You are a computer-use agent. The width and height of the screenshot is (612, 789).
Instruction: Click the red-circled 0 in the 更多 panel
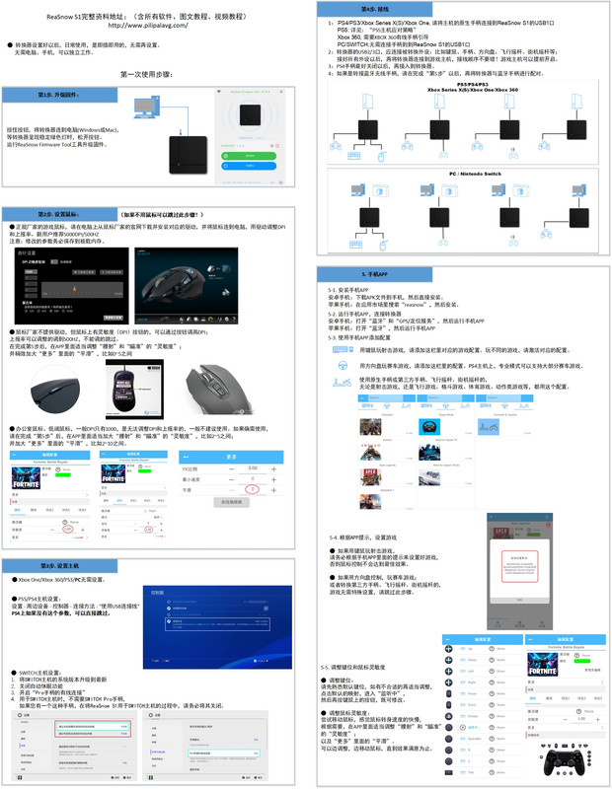253,489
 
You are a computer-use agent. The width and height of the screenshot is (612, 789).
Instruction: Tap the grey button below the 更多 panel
233,503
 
